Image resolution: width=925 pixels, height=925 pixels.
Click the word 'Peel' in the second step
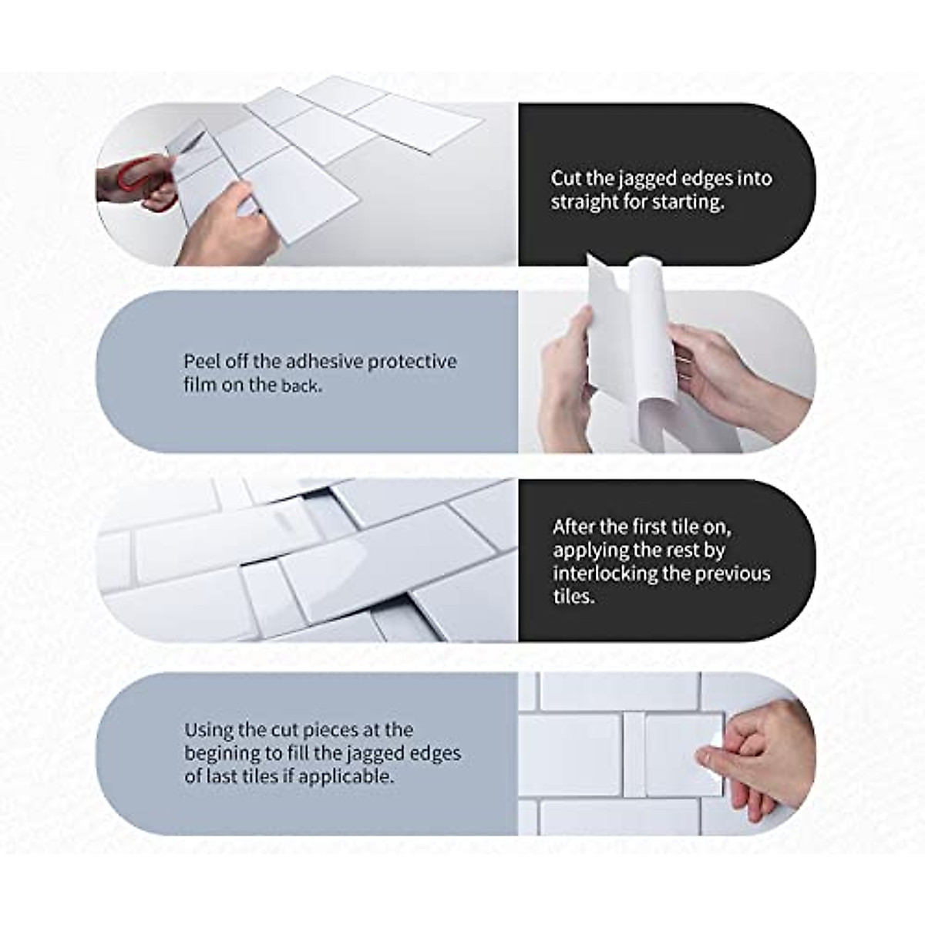(x=200, y=361)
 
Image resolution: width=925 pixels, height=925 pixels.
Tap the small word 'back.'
(x=301, y=385)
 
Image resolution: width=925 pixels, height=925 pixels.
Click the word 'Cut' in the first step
(x=566, y=179)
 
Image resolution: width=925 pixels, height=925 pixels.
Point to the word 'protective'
(x=412, y=361)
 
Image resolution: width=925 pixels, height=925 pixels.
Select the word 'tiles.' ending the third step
(x=574, y=597)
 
